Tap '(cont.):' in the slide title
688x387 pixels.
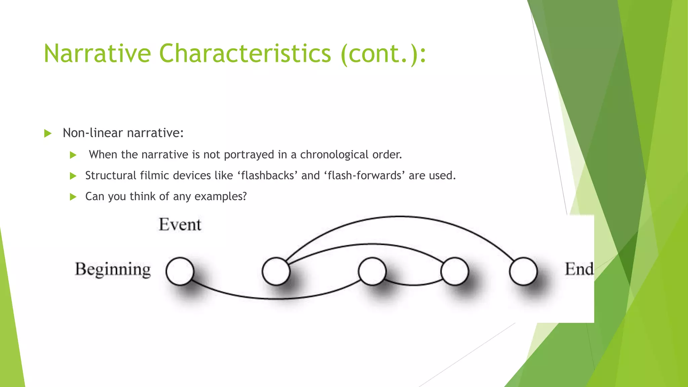click(x=383, y=54)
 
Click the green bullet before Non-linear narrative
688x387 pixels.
click(x=48, y=134)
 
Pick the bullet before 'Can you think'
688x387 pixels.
click(x=73, y=197)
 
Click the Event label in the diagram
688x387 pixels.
click(x=180, y=224)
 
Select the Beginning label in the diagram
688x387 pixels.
click(x=113, y=269)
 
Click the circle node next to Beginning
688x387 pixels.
click(x=180, y=271)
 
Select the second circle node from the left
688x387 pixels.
click(x=276, y=271)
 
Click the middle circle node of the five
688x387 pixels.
click(x=372, y=271)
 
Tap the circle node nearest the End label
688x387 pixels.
click(x=523, y=271)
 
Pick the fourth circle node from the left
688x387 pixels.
click(x=455, y=271)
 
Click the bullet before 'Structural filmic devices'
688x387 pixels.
click(x=73, y=176)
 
